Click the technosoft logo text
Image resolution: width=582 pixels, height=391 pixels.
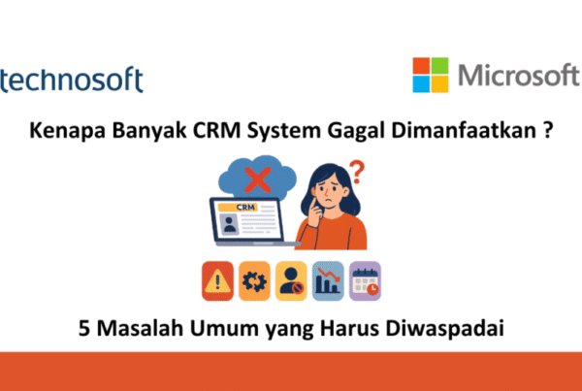71,80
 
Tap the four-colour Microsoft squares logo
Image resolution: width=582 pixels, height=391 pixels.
431,75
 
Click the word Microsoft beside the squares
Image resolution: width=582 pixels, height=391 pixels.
519,76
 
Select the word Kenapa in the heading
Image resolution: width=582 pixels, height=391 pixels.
68,131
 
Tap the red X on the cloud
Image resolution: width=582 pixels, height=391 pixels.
258,179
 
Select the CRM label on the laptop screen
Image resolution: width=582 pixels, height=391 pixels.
245,208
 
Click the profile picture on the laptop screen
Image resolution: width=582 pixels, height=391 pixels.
229,224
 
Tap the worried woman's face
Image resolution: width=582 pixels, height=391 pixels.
331,194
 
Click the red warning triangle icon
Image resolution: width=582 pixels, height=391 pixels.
217,281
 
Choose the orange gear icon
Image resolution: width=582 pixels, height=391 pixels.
254,281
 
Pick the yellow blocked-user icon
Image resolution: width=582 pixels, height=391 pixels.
291,281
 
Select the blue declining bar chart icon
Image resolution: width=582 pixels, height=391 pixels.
328,281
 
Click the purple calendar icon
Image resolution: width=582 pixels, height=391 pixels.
365,281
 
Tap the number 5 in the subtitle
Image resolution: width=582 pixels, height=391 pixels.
84,329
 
